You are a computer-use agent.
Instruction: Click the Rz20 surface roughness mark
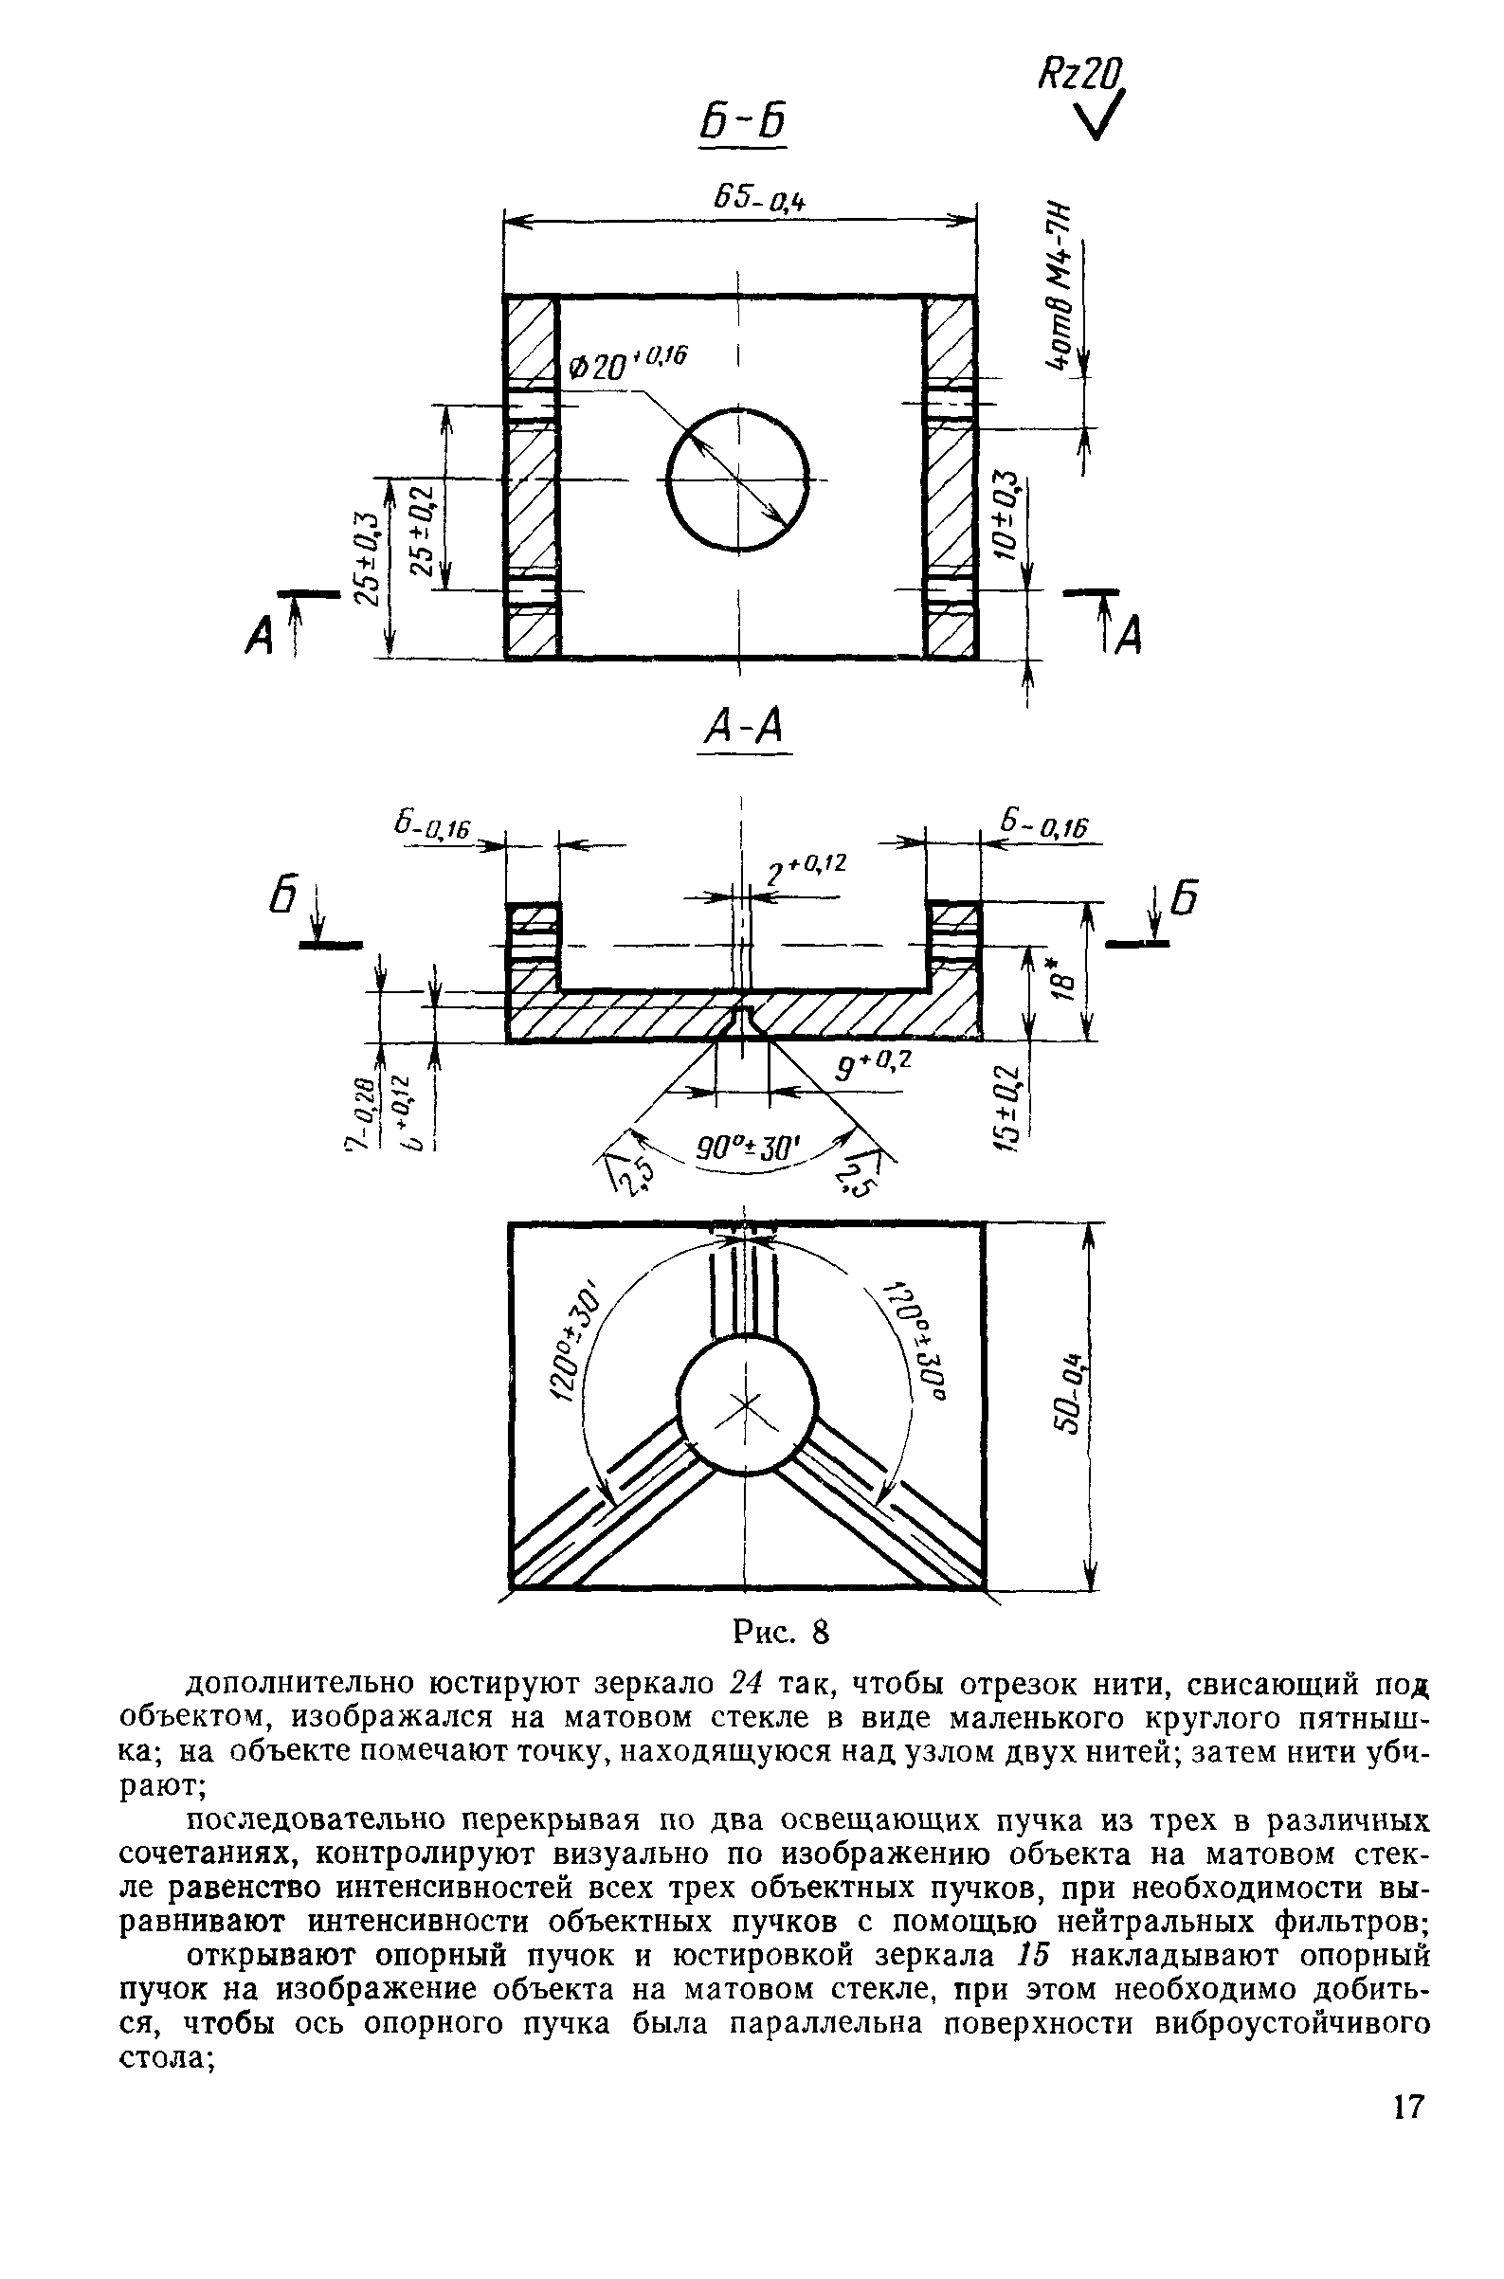[x=1080, y=77]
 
